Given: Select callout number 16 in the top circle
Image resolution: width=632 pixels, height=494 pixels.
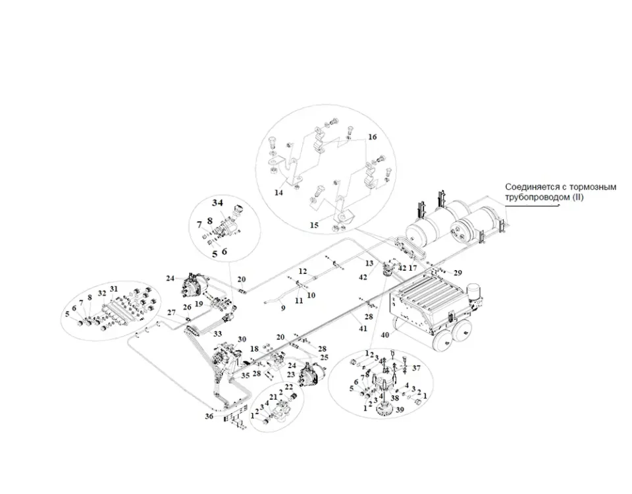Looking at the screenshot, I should (x=372, y=138).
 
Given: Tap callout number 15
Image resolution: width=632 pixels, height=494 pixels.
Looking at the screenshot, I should (x=315, y=225).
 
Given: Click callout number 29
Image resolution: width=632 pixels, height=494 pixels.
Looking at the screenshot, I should (x=458, y=273).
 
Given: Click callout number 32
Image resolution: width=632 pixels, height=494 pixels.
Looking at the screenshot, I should (x=102, y=292).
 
